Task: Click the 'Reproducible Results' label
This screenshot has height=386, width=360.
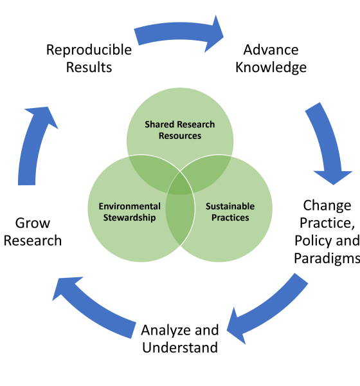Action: pyautogui.click(x=89, y=59)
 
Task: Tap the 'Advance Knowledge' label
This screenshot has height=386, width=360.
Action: pyautogui.click(x=271, y=59)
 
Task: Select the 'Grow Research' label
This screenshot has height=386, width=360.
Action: pyautogui.click(x=33, y=232)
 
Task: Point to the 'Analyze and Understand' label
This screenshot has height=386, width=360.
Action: pyautogui.click(x=180, y=339)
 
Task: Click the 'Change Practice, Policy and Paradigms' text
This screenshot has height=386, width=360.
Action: pyautogui.click(x=327, y=232)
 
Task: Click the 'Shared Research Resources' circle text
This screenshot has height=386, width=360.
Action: pyautogui.click(x=180, y=130)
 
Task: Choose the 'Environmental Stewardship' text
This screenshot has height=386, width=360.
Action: pyautogui.click(x=129, y=212)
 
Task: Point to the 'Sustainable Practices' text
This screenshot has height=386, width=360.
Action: pyautogui.click(x=230, y=212)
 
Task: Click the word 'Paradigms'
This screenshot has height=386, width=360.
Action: pyautogui.click(x=327, y=258)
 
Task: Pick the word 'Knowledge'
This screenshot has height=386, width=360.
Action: pyautogui.click(x=271, y=68)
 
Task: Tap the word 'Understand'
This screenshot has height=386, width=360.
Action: pyautogui.click(x=180, y=347)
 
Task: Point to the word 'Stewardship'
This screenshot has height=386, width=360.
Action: pyautogui.click(x=129, y=217)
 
